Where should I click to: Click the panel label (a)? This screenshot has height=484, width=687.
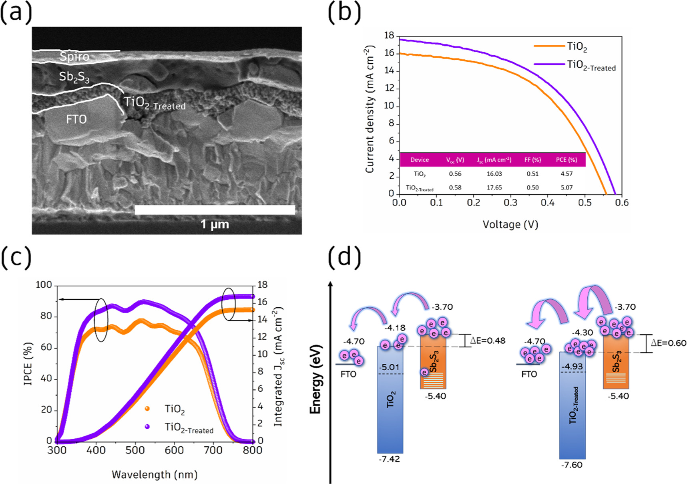click(16, 12)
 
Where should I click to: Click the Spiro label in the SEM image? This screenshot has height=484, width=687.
click(74, 56)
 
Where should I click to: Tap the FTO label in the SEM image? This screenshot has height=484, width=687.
click(76, 119)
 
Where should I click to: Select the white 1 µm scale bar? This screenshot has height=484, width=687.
click(215, 210)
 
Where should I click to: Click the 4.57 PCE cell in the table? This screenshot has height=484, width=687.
click(566, 174)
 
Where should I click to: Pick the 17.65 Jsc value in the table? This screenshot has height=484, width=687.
click(494, 188)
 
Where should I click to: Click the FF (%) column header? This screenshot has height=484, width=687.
click(532, 160)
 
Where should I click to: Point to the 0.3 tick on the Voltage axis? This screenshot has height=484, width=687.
click(510, 203)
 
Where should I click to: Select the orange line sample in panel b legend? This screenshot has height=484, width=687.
click(549, 46)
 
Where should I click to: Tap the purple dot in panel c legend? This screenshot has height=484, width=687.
click(147, 427)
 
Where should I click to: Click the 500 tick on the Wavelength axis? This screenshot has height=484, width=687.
click(135, 450)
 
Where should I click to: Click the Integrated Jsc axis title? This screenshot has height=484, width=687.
click(278, 367)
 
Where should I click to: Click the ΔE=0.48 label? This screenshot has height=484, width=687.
click(487, 341)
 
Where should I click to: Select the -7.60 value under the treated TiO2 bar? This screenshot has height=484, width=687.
click(572, 465)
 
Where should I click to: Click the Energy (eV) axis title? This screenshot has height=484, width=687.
click(316, 379)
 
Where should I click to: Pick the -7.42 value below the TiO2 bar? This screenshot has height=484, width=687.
click(389, 459)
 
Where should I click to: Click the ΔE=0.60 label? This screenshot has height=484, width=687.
click(668, 343)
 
